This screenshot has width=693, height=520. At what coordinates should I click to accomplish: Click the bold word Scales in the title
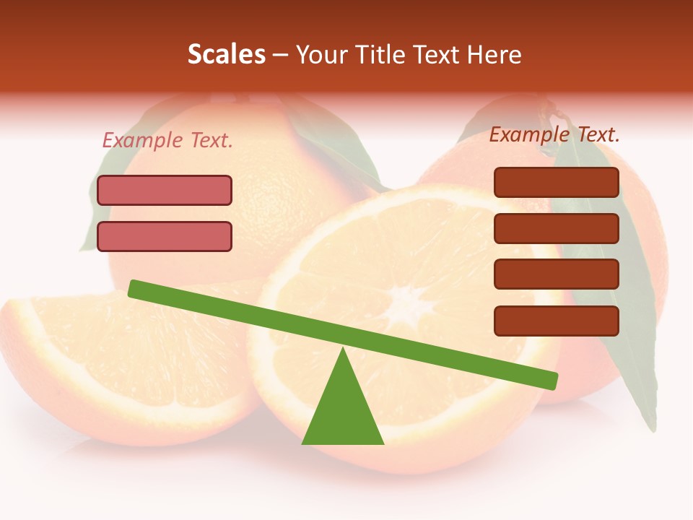point(226,55)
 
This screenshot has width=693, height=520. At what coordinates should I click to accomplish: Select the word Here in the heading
point(494,55)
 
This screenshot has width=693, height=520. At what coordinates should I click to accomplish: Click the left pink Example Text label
point(167,140)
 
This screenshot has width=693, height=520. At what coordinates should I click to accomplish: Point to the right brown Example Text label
point(554,134)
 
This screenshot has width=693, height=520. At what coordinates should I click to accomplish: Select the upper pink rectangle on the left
point(165,190)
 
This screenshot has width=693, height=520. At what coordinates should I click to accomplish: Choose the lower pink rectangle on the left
point(165,236)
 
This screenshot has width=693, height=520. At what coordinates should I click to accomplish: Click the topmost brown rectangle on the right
point(557,182)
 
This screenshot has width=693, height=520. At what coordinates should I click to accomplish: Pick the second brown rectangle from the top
point(557,228)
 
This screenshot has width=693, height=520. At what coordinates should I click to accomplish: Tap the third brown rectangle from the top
point(557,274)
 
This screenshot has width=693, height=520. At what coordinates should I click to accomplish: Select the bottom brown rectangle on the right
point(557,321)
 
